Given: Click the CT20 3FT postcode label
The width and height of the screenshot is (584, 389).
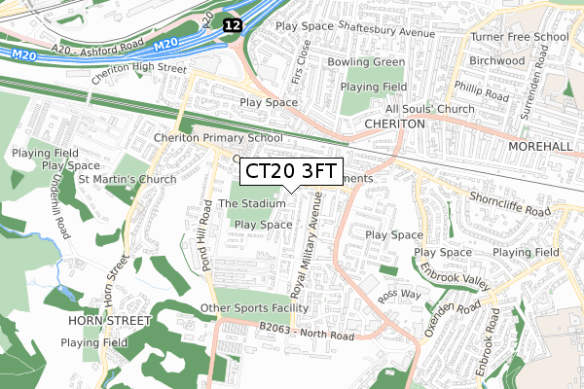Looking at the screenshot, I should click(291, 172).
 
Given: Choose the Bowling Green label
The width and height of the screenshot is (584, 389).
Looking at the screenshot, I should click(367, 62).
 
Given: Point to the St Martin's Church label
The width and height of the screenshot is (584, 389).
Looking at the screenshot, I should click(127, 179).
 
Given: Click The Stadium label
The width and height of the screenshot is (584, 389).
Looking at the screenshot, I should click(251, 203).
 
